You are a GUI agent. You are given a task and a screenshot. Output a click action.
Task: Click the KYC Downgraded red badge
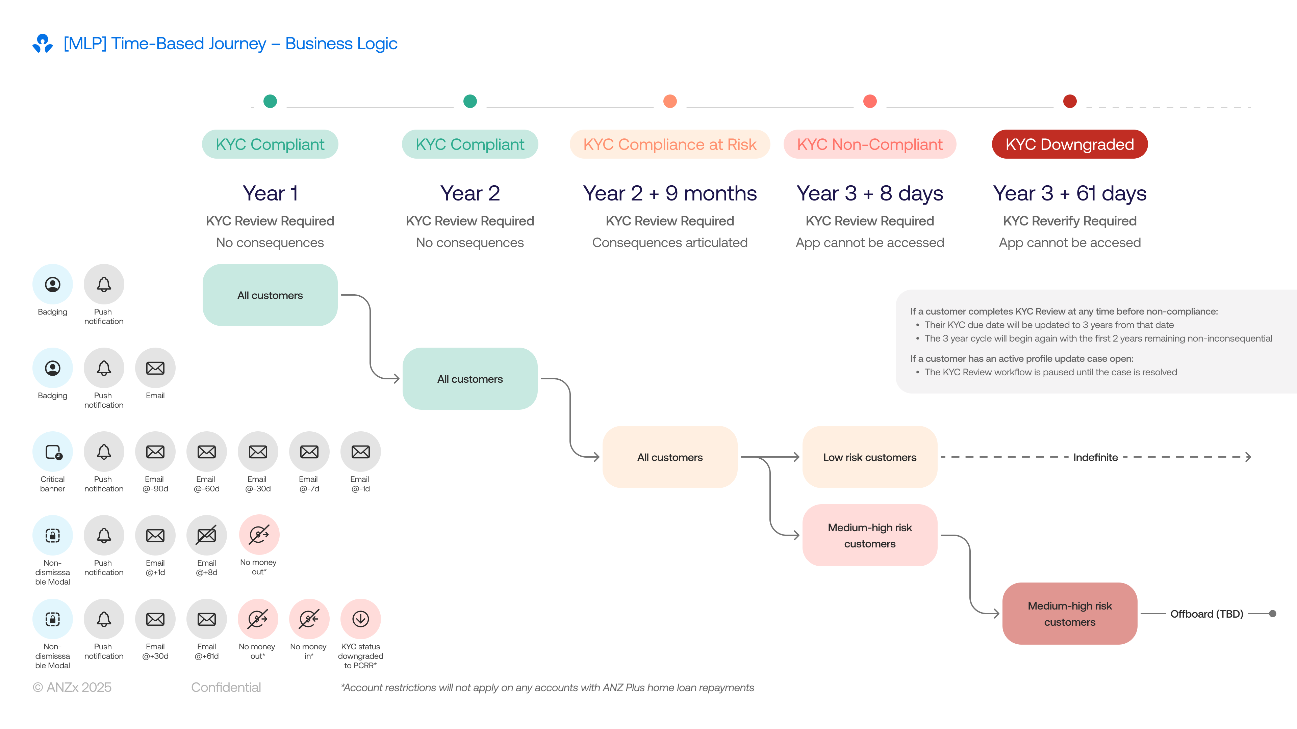point(1069,144)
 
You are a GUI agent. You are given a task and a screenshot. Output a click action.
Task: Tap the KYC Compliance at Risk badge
point(670,144)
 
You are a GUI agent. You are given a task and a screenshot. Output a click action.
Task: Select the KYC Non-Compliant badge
point(869,144)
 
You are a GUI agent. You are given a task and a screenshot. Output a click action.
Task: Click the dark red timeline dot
point(1069,101)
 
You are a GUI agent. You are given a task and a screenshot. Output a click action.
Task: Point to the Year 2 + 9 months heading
point(670,193)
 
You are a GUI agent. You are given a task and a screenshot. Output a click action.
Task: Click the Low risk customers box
point(869,457)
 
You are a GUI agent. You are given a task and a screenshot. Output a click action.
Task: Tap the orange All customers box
point(670,457)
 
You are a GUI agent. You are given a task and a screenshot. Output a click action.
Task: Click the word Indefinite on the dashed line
point(1095,457)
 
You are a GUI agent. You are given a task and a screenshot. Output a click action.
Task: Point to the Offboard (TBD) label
point(1206,614)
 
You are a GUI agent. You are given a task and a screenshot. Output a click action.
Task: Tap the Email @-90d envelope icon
point(155,452)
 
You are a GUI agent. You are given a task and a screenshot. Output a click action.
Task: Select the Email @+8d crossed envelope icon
point(206,535)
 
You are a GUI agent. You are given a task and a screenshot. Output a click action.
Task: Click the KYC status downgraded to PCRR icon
point(360,619)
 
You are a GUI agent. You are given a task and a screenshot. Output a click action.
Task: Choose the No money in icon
point(309,619)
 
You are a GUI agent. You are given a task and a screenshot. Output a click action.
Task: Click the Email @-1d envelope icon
point(360,452)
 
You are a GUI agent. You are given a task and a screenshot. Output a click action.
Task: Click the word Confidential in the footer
point(226,687)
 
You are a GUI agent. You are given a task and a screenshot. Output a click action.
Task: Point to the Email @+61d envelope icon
point(206,619)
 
